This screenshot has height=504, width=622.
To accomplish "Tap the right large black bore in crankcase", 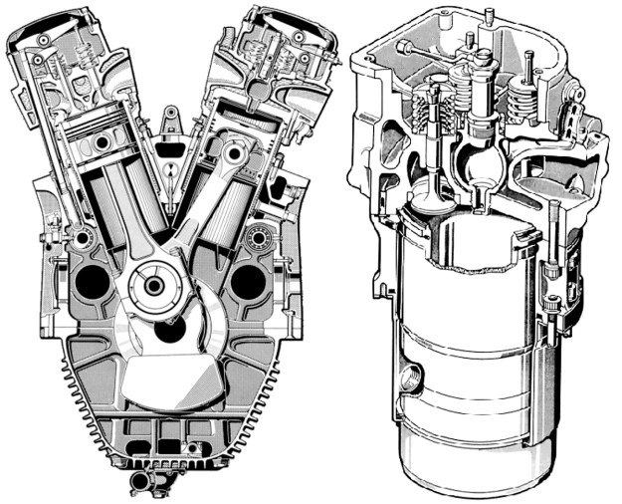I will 248,283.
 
